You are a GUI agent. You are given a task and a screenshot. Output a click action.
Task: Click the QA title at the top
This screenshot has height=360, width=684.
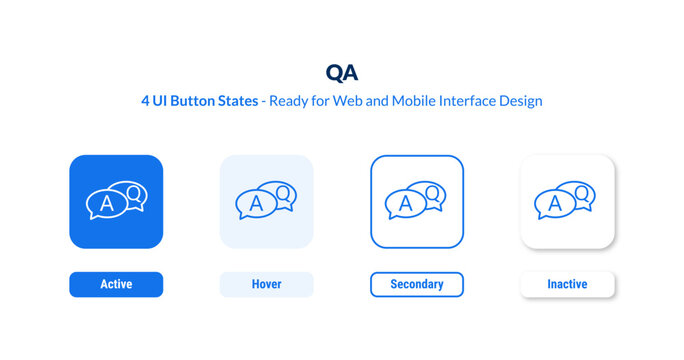pos(341,72)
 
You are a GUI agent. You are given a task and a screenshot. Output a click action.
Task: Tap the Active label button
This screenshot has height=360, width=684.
pos(116,285)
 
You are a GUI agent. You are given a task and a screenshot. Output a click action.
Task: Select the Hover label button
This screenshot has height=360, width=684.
pos(266,285)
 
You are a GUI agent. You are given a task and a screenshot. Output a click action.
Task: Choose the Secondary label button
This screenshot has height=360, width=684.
pos(416,285)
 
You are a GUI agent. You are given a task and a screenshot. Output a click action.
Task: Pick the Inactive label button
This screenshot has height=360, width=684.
pos(567,285)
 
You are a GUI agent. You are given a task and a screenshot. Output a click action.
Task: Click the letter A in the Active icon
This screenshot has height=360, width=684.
pos(104,204)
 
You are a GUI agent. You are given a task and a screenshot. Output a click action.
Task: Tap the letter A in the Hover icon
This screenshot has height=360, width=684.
pos(254,204)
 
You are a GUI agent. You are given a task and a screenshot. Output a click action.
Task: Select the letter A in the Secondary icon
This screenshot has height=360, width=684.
pos(404,204)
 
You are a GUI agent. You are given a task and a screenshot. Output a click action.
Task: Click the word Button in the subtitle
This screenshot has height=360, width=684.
pos(197,101)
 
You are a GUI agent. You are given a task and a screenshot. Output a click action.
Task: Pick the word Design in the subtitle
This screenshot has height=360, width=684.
pos(523,101)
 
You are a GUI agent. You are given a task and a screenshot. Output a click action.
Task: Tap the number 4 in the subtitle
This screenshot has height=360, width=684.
pos(145,101)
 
